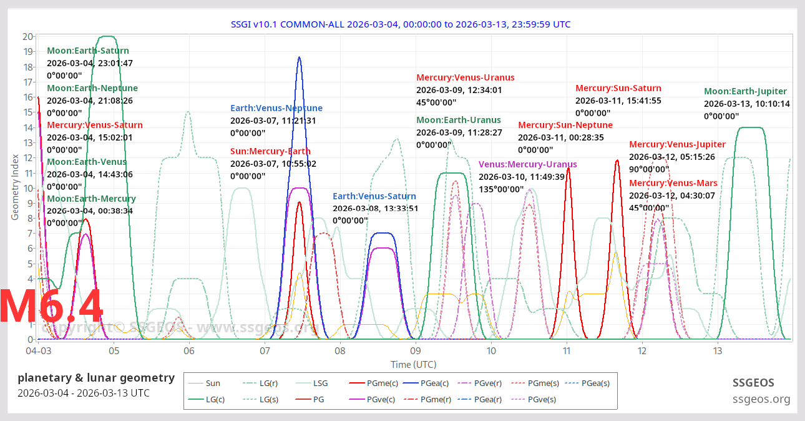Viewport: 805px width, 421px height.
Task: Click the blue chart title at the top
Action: click(402, 24)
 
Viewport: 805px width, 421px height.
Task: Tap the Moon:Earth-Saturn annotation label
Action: click(88, 51)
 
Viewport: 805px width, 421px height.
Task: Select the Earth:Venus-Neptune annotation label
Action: click(276, 108)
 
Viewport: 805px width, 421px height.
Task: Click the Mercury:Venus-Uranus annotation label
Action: click(466, 77)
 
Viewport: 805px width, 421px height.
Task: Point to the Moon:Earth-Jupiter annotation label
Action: click(746, 91)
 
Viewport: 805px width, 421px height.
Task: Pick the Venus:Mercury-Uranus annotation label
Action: click(528, 164)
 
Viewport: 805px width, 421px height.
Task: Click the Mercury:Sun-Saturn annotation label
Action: click(618, 88)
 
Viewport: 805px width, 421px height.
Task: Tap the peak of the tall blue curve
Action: click(300, 57)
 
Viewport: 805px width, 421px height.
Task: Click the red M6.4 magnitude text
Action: click(51, 307)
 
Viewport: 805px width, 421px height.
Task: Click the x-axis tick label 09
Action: click(416, 351)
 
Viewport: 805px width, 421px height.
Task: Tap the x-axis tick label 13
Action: click(718, 351)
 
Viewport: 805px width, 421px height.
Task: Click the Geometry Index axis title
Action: click(15, 187)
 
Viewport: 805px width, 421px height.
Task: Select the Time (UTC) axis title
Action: click(413, 364)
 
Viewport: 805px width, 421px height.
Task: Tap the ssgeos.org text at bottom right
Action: click(761, 399)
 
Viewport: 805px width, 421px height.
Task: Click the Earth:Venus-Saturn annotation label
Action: click(375, 196)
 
